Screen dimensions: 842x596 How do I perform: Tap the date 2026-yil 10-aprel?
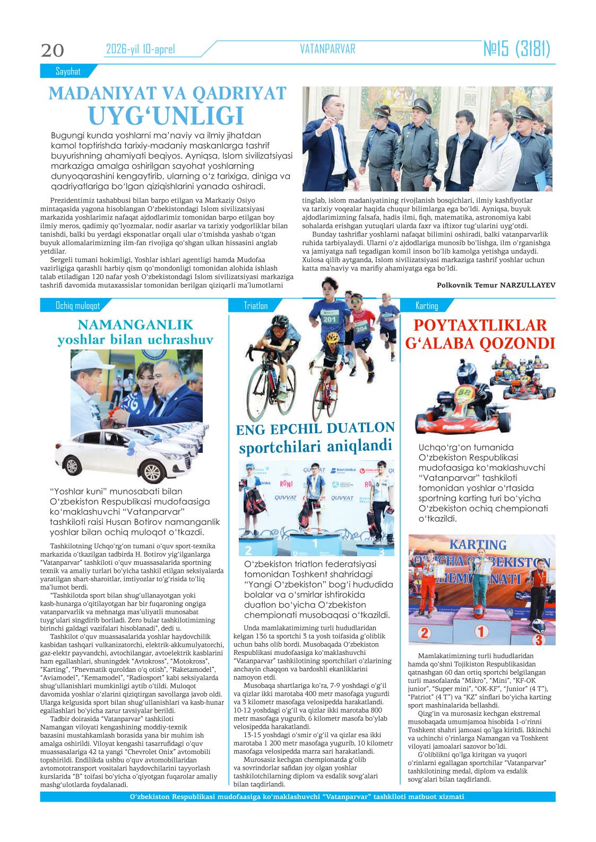tap(140, 50)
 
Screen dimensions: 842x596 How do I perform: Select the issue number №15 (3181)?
tap(516, 49)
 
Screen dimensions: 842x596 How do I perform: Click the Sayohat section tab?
tap(67, 71)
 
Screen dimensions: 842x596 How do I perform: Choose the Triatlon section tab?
tap(256, 305)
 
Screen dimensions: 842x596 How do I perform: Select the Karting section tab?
tap(427, 305)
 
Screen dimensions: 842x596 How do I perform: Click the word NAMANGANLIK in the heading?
tap(135, 324)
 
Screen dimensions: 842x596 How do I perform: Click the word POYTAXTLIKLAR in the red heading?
tap(479, 324)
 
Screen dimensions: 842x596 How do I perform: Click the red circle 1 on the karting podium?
tap(481, 631)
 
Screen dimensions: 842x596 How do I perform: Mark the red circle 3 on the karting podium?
tap(538, 639)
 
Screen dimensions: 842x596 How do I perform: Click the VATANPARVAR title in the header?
tap(327, 49)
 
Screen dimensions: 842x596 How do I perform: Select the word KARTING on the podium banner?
tap(478, 545)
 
